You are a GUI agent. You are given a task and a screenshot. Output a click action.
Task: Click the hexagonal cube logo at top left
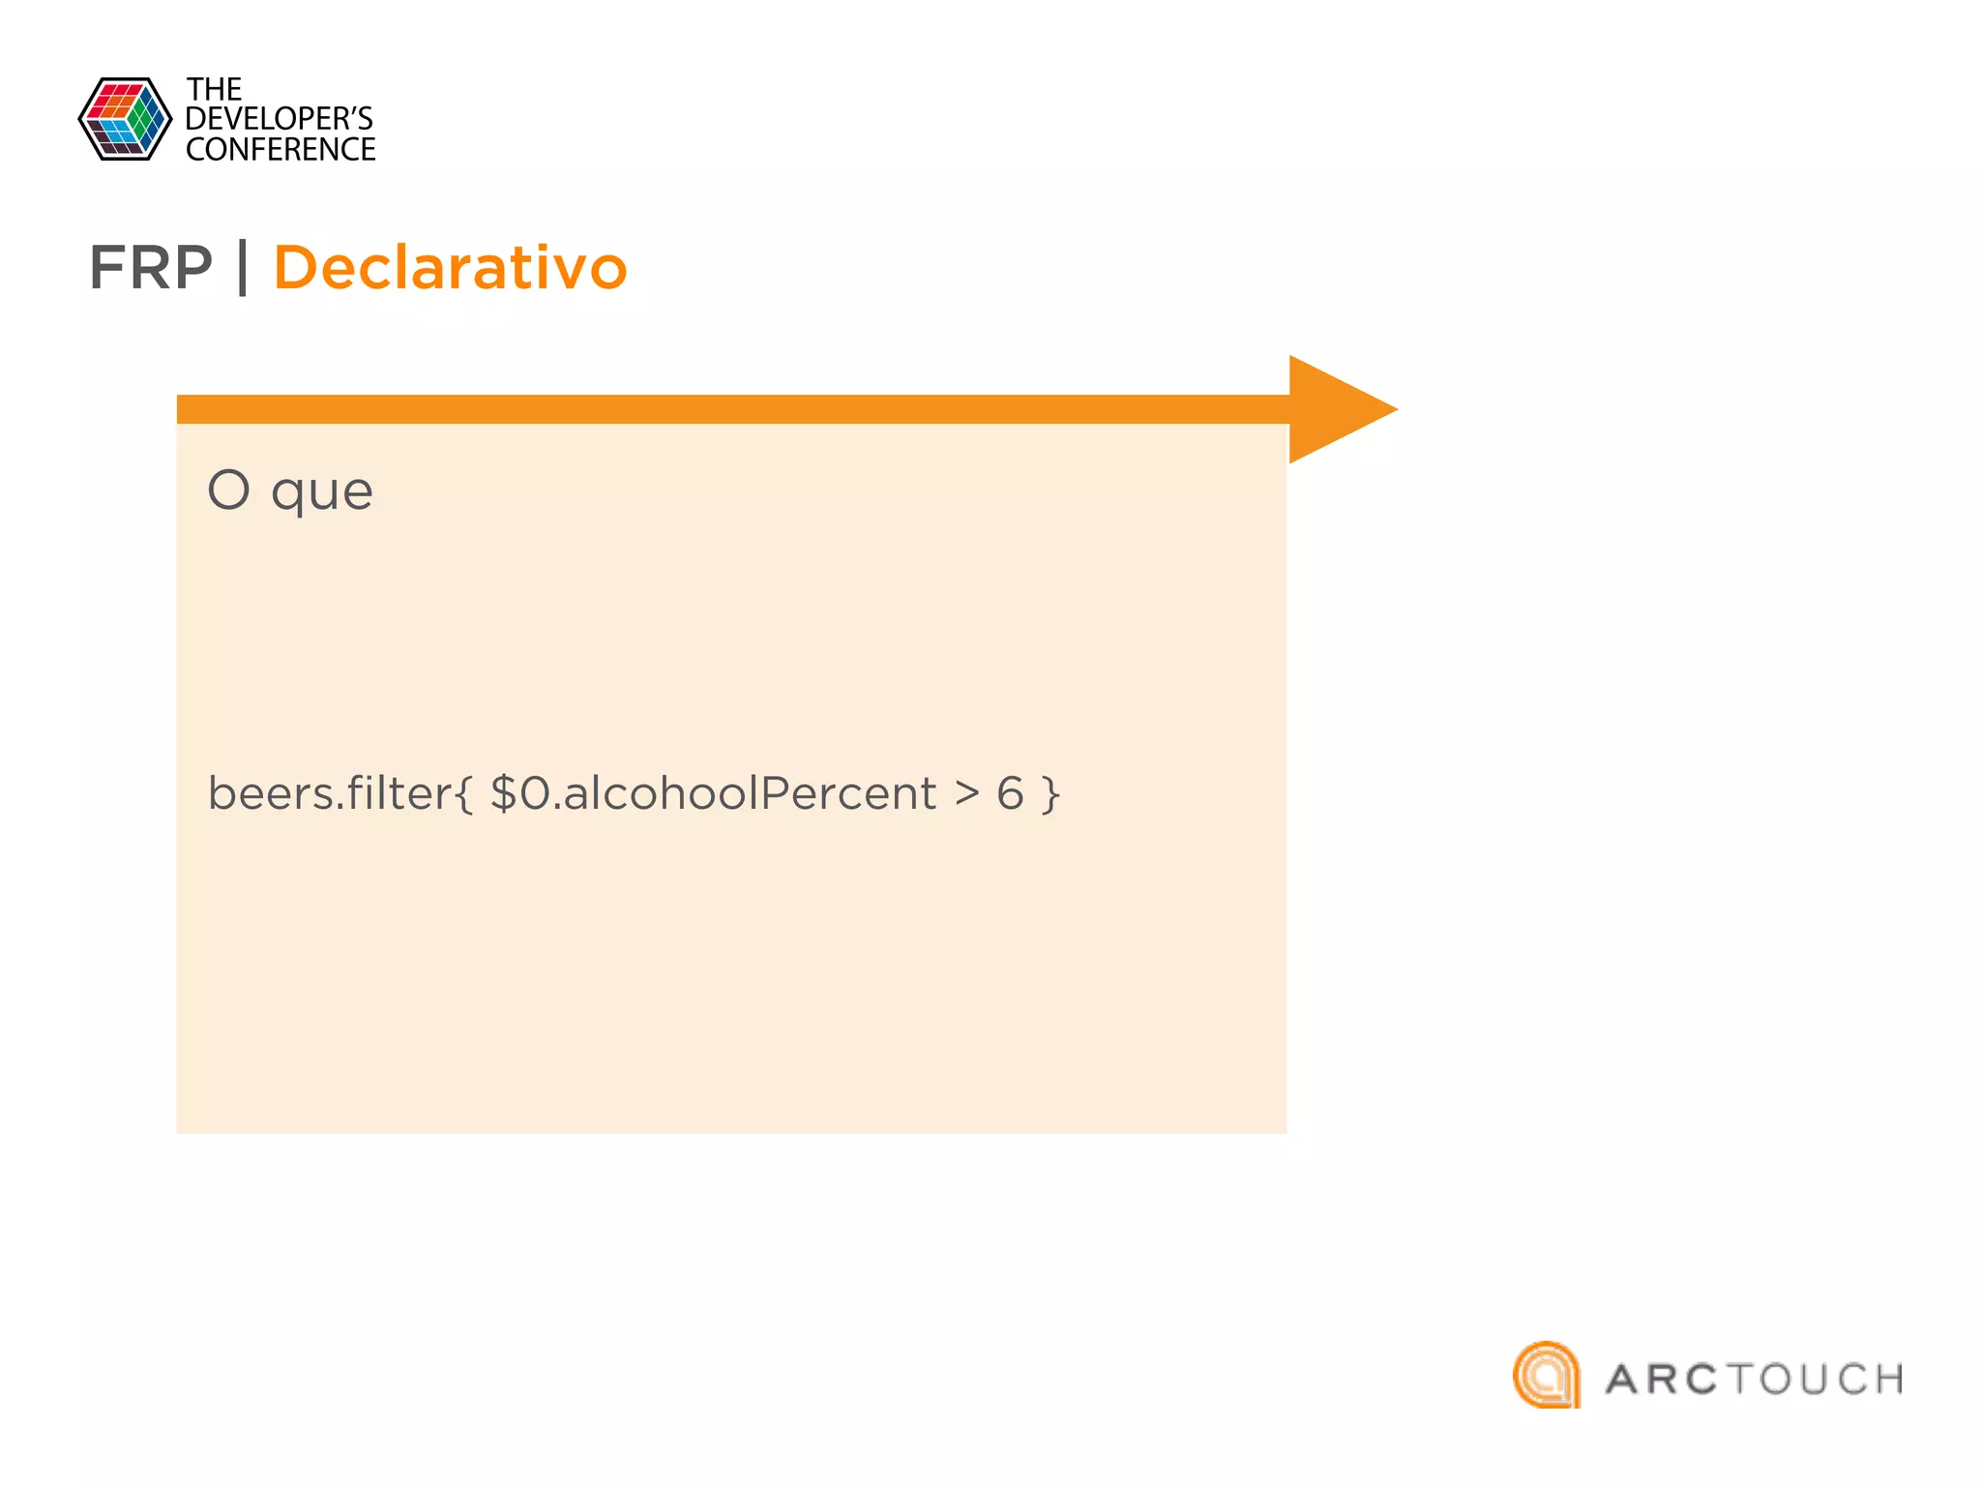[x=125, y=119]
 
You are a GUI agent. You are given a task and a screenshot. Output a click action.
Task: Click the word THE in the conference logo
[x=214, y=90]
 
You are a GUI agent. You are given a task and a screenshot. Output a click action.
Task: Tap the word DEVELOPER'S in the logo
[x=279, y=119]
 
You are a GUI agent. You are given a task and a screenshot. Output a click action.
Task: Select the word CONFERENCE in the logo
[x=281, y=150]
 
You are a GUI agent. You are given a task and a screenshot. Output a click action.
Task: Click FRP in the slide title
[x=151, y=268]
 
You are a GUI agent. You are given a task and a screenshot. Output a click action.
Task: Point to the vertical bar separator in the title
[x=243, y=268]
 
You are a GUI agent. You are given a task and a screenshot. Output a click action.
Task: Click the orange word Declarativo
[x=451, y=268]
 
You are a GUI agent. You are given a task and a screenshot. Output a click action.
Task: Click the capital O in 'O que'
[x=229, y=490]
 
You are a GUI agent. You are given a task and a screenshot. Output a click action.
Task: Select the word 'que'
[x=322, y=493]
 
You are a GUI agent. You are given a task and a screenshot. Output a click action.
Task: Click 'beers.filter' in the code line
[x=329, y=793]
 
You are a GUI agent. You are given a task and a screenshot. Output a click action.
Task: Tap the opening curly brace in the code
[x=463, y=794]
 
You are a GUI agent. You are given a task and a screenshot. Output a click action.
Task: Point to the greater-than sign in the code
[x=966, y=793]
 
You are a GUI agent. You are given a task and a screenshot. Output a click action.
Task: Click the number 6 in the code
[x=1010, y=793]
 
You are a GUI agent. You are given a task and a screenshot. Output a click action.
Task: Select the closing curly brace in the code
[x=1050, y=794]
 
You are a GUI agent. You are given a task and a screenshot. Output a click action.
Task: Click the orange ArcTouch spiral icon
[x=1547, y=1375]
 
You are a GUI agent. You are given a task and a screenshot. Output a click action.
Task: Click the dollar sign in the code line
[x=504, y=793]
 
